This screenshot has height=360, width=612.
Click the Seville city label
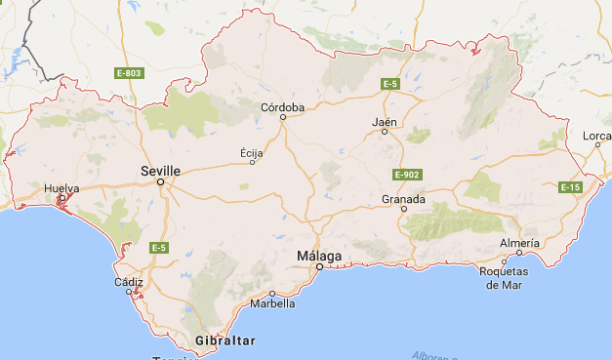[x=160, y=170]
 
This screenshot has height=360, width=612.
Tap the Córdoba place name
[x=283, y=106]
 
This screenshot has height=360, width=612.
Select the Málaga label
[x=319, y=256]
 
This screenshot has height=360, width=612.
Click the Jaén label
[x=385, y=122]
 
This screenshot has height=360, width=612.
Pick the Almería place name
[x=519, y=242]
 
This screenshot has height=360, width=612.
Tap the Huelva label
[x=61, y=187]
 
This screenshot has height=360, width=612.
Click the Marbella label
[x=272, y=303]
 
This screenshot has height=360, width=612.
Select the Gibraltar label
[x=224, y=340]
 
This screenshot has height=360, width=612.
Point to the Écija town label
[x=252, y=152]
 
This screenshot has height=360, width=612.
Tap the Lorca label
[x=596, y=136]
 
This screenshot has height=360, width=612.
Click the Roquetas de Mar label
[x=504, y=278]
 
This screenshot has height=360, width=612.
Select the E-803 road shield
[x=129, y=73]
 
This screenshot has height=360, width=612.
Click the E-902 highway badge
[x=407, y=174]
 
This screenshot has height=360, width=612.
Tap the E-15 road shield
[x=571, y=186]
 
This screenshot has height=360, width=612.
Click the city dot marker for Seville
[x=161, y=181]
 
